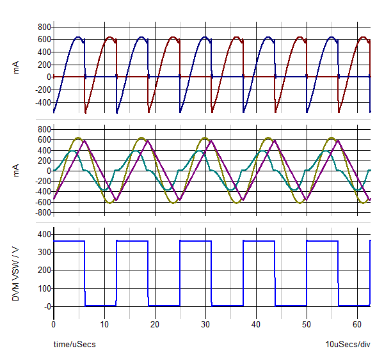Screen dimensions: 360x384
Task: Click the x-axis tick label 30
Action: (205, 324)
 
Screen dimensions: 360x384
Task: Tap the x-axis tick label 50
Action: (307, 324)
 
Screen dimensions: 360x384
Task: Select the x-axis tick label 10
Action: (104, 324)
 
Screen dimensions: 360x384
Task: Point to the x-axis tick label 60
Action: (357, 324)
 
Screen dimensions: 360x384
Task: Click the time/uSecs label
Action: (75, 345)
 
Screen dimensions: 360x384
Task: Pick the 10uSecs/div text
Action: (348, 345)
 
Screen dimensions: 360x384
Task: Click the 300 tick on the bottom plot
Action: (42, 253)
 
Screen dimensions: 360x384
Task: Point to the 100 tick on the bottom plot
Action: (42, 288)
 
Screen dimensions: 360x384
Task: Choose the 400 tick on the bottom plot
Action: (42, 235)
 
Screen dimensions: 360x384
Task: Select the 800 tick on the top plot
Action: (44, 27)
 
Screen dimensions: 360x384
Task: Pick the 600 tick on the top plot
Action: (44, 40)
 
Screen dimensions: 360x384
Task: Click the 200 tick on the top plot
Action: (44, 65)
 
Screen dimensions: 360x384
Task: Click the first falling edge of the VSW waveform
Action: (84, 274)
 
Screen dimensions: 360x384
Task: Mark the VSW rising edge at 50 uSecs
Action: (307, 274)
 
